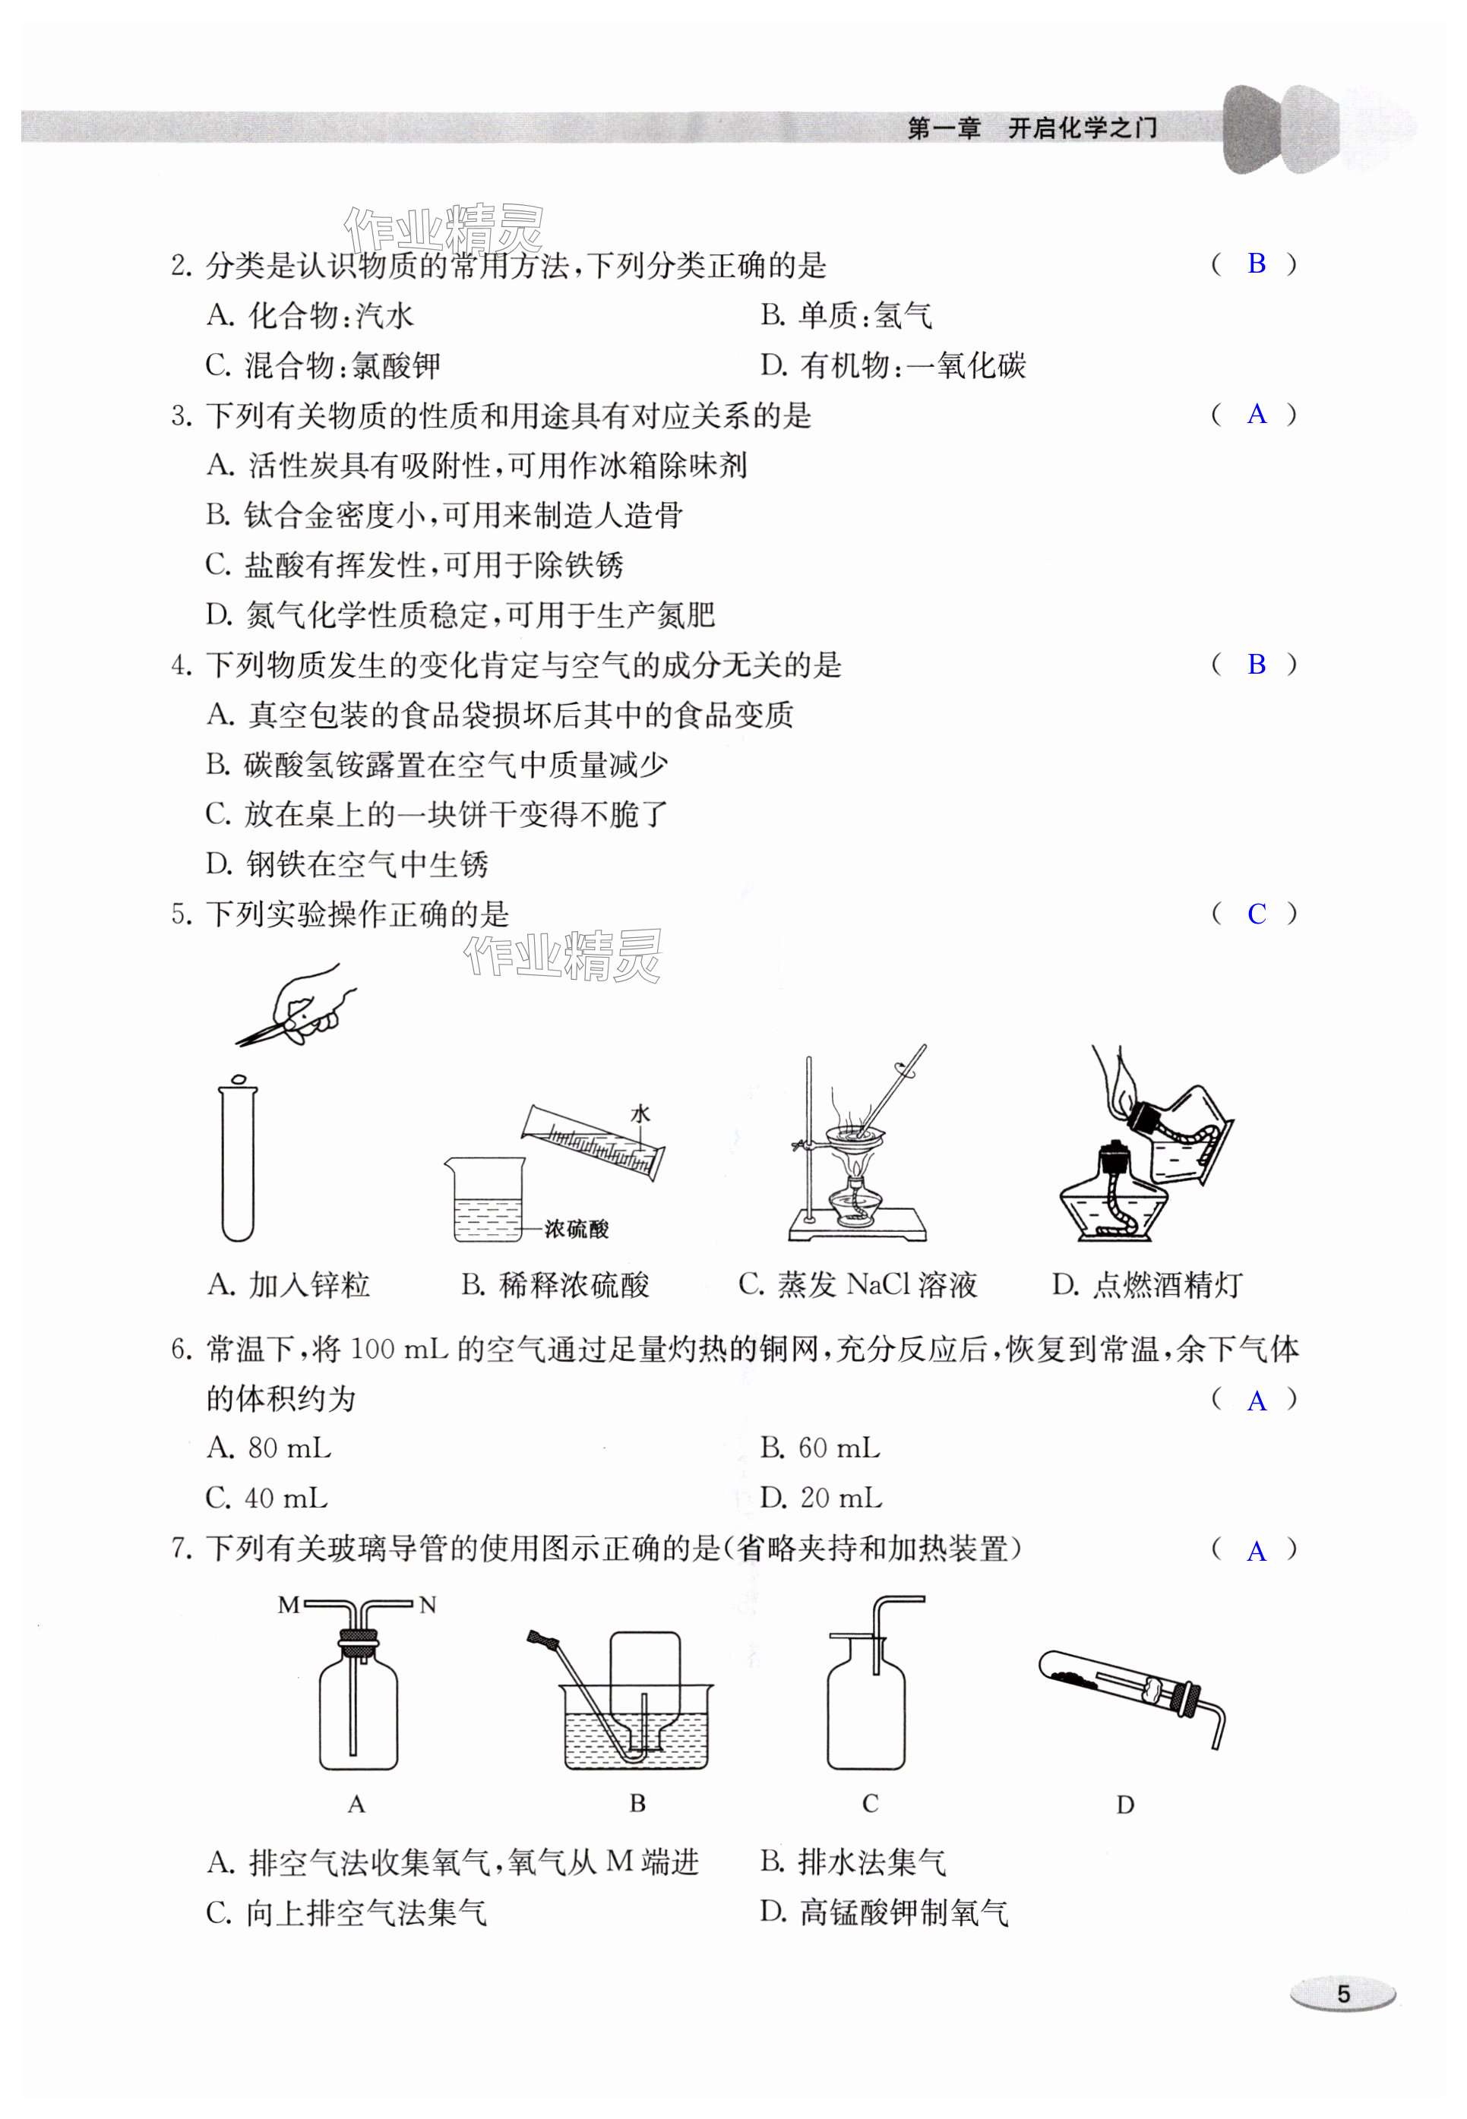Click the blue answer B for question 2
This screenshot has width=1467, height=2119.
pos(1256,264)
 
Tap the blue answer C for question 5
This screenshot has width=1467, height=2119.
pos(1256,914)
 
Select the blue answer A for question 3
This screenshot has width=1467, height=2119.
pos(1256,415)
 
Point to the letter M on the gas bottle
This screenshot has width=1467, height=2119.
pos(289,1606)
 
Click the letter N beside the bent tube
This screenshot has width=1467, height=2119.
pos(428,1606)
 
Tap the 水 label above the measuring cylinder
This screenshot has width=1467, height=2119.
pos(640,1113)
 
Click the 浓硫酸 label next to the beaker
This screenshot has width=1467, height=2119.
pos(577,1230)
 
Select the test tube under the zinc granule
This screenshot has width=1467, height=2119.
pos(237,1163)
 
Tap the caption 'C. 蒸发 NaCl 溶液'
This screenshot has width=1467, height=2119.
pos(857,1284)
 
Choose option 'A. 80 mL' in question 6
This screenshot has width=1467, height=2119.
pos(268,1449)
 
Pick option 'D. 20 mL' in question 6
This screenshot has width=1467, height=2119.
pos(820,1498)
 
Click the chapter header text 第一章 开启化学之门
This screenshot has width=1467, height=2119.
pos(1032,128)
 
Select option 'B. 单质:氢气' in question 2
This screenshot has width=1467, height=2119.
pos(846,316)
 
